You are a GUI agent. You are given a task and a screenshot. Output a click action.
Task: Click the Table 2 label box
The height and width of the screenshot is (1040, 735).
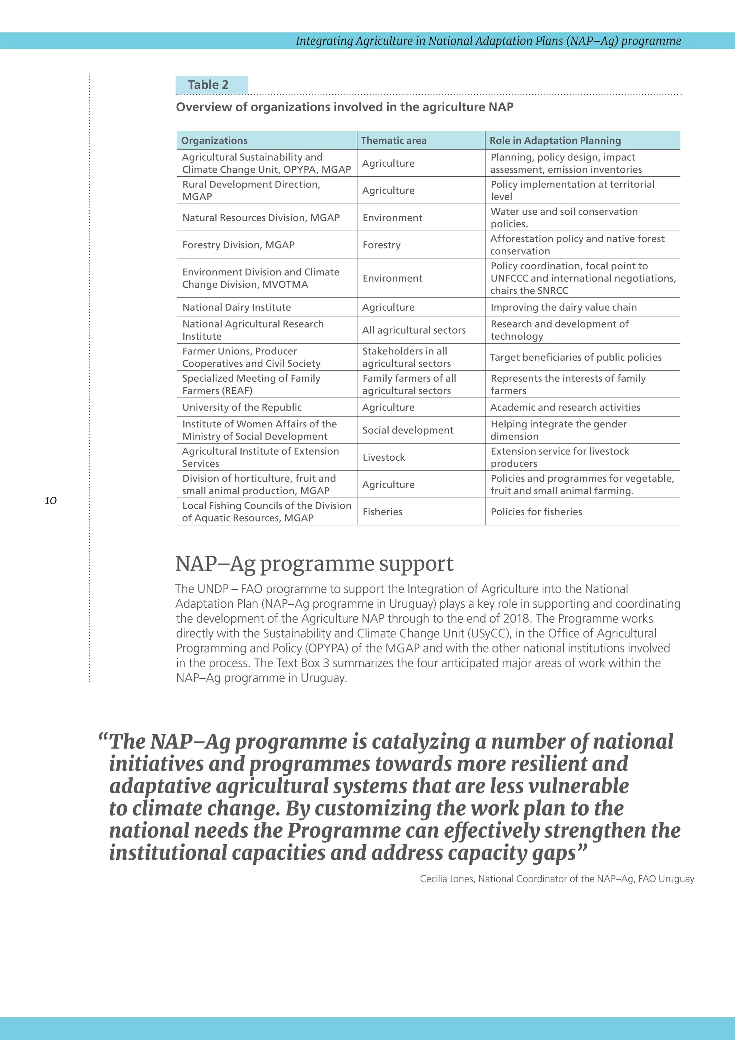(211, 85)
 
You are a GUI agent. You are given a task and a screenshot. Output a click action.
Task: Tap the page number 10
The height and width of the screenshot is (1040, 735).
(51, 501)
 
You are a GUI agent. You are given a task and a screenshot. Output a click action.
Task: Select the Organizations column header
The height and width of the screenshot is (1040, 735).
(215, 140)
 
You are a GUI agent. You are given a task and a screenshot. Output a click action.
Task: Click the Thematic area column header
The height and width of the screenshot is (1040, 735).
(393, 140)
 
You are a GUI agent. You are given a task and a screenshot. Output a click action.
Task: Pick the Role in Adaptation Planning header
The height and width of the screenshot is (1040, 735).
(555, 140)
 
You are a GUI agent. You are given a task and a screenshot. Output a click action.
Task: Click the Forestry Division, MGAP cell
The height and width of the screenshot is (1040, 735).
(239, 245)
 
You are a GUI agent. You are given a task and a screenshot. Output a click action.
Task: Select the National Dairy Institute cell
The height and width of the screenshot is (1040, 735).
(237, 307)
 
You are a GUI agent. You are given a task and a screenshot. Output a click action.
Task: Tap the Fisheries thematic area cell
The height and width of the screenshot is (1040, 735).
(383, 512)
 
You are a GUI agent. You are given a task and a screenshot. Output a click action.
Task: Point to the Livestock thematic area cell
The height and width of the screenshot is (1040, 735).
(384, 458)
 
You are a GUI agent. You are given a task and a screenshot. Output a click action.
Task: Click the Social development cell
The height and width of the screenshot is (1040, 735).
(408, 430)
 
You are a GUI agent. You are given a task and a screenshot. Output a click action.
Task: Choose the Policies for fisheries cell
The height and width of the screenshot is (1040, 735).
(536, 512)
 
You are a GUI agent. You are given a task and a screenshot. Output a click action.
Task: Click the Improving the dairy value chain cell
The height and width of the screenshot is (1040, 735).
(563, 307)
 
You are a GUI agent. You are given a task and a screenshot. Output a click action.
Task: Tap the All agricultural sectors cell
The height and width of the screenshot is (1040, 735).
(414, 330)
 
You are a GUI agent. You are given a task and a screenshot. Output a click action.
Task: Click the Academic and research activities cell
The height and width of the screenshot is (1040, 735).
(565, 407)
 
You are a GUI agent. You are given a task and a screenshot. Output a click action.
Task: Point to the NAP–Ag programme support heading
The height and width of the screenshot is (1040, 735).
(314, 564)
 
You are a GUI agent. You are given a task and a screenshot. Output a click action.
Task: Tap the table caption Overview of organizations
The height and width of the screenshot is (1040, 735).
(345, 107)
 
